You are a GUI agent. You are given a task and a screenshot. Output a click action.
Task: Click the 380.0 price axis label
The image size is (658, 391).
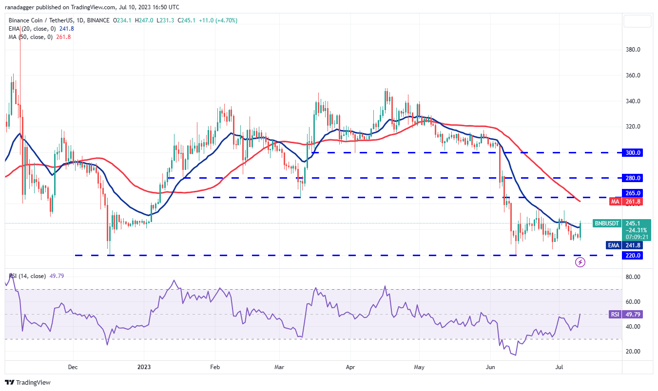pos(634,50)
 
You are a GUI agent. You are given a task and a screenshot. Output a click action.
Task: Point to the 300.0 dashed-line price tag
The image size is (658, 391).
pos(634,152)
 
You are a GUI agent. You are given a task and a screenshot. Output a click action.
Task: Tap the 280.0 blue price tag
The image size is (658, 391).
pos(634,178)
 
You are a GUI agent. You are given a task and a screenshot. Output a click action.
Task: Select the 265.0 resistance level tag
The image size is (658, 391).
pos(634,193)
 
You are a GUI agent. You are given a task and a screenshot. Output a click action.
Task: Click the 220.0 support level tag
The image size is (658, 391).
pos(634,255)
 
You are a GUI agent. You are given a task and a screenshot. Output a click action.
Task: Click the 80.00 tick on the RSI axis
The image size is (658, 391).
pos(633,277)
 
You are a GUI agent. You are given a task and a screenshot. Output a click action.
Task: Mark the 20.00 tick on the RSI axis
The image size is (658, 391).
pos(633,352)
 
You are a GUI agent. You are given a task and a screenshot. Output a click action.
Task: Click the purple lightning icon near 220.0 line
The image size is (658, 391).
pos(580,262)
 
